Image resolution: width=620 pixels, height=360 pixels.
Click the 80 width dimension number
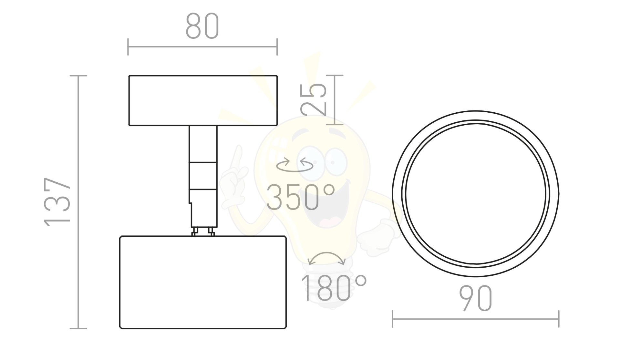pyautogui.click(x=202, y=26)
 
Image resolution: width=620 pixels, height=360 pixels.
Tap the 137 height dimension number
pyautogui.click(x=57, y=202)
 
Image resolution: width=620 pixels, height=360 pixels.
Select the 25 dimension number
pyautogui.click(x=314, y=99)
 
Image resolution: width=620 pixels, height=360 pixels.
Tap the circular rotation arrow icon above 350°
pyautogui.click(x=294, y=165)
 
